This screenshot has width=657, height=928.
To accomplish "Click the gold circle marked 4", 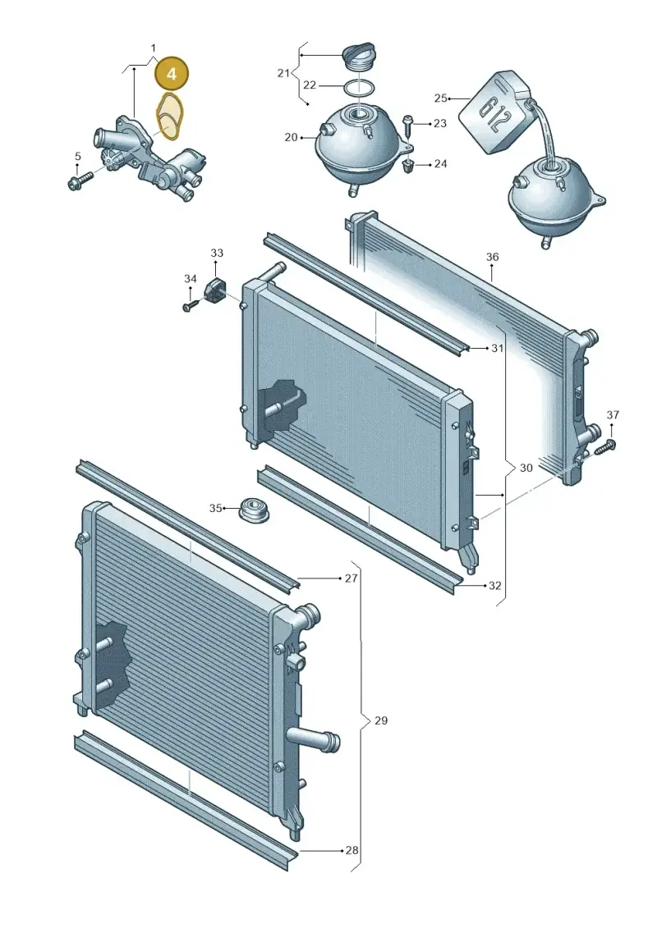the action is point(171,74).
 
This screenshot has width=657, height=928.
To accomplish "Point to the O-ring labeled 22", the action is point(358,88).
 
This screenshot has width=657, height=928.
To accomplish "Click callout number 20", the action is point(290,137).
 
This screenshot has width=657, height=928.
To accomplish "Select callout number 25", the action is point(440,98).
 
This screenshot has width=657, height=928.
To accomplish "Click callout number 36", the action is point(492,257).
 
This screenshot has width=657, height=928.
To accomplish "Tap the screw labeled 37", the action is point(604,447).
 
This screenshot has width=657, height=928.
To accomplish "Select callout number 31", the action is point(497,348).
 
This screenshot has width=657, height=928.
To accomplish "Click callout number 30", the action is point(526,468).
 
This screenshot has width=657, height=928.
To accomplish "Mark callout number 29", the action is point(381,720).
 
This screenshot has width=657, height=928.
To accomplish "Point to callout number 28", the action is point(351,851).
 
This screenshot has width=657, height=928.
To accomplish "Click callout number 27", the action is point(351,578).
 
